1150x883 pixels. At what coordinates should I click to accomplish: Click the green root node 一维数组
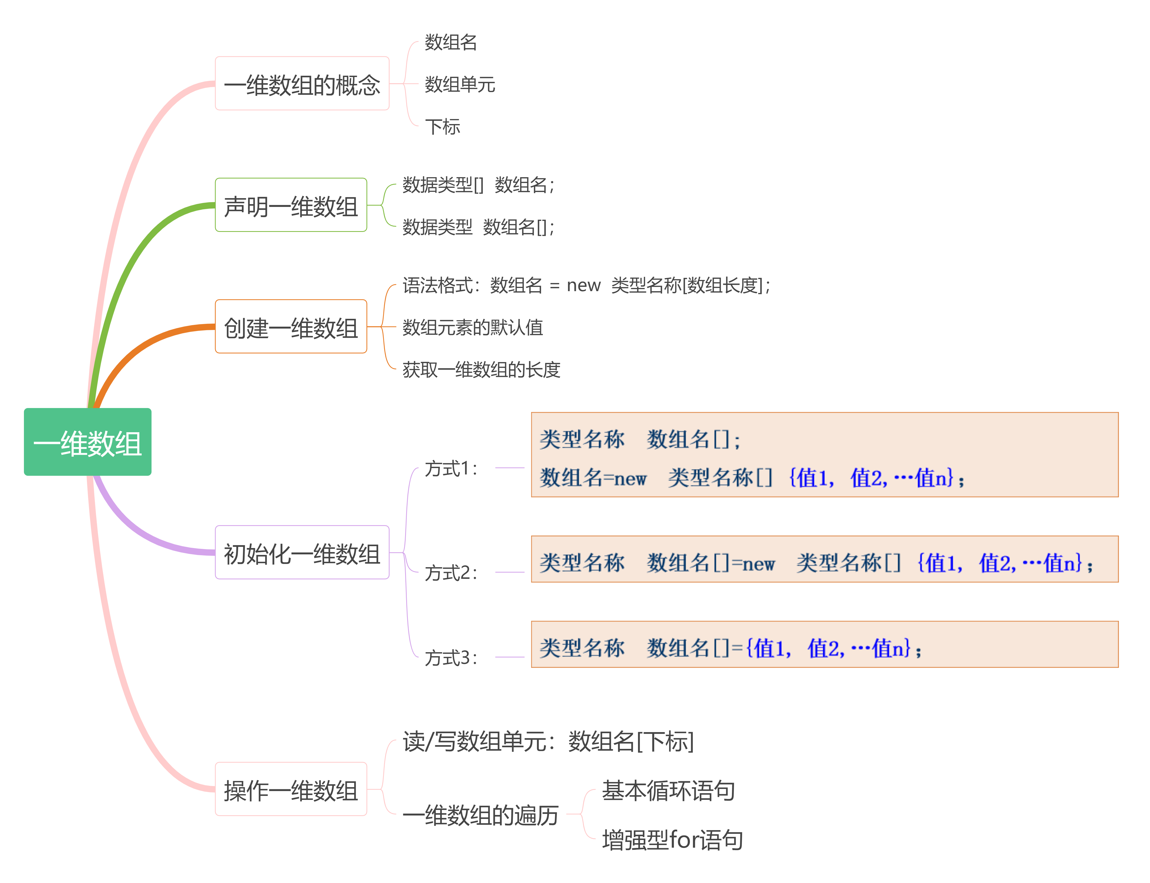[x=87, y=442]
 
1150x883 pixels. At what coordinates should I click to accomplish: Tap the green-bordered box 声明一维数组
[x=291, y=205]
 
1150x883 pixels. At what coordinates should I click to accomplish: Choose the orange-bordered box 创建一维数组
[x=291, y=327]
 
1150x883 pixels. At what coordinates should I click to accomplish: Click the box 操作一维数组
[x=291, y=789]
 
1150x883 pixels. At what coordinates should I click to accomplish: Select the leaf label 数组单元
[x=460, y=84]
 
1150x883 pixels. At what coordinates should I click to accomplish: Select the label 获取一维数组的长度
[x=481, y=370]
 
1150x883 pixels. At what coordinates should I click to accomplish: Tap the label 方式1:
[x=451, y=468]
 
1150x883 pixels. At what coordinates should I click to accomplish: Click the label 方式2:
[x=451, y=572]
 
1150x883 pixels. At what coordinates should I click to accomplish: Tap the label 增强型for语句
[x=672, y=839]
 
